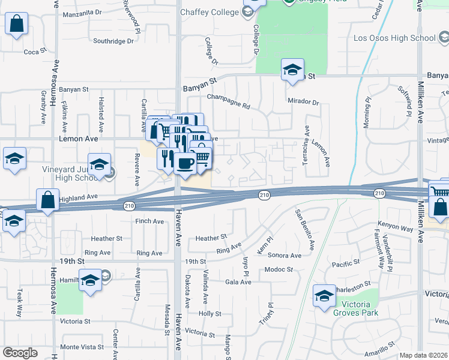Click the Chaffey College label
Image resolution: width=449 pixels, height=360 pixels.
click(x=209, y=11)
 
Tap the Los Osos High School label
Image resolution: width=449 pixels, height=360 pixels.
click(x=394, y=38)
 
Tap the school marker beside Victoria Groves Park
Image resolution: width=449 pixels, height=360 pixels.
click(x=324, y=296)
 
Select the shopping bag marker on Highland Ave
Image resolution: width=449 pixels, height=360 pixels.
click(x=47, y=200)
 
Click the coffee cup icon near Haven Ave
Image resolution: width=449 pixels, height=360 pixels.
click(x=185, y=162)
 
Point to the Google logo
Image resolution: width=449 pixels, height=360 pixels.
click(x=20, y=353)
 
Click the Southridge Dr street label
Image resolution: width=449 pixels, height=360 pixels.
click(x=113, y=41)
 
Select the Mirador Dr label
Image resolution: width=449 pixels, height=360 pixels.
click(x=303, y=102)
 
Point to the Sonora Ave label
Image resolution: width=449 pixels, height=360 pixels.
click(x=286, y=255)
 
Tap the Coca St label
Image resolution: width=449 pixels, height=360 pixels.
click(x=35, y=52)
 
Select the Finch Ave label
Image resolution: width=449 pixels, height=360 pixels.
click(x=149, y=221)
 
